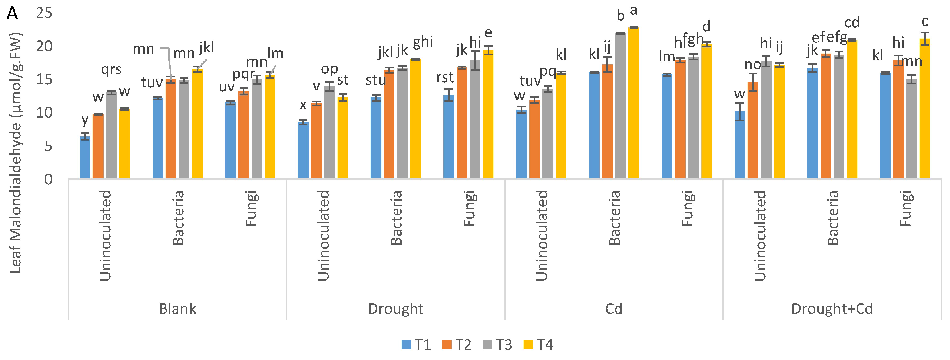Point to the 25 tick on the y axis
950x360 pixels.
[x=44, y=13]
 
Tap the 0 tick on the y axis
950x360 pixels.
[x=48, y=180]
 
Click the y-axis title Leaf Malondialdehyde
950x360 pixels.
[x=15, y=153]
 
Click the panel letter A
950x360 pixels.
[x=12, y=14]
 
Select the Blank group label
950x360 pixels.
[x=177, y=309]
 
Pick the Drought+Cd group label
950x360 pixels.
[x=832, y=309]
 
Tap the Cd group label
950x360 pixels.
[x=614, y=309]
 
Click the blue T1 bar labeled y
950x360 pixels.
[x=85, y=158]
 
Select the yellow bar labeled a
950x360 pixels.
[x=634, y=103]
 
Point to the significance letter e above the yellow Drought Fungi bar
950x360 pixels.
[x=488, y=33]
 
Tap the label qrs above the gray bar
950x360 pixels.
[x=111, y=69]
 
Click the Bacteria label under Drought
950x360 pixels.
[x=396, y=218]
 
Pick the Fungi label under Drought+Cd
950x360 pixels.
[x=906, y=208]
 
